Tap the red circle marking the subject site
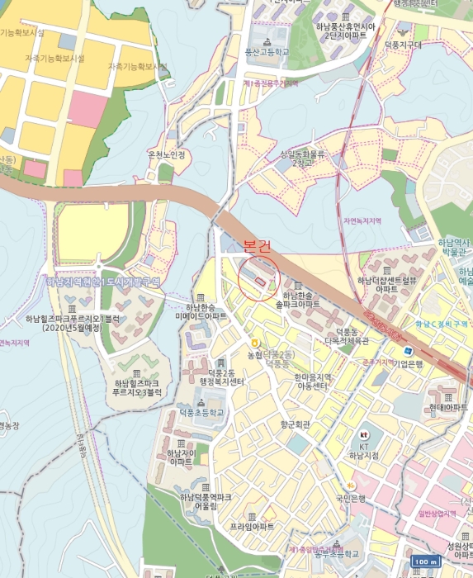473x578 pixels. (259, 280)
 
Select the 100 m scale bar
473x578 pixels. (425, 561)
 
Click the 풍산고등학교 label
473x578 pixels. (267, 51)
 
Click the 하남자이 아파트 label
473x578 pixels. (181, 457)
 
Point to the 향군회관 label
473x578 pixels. (295, 424)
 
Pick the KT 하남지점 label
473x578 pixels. (363, 450)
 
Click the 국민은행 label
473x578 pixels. (349, 498)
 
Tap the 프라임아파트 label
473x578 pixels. (252, 526)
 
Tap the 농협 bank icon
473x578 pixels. (255, 342)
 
